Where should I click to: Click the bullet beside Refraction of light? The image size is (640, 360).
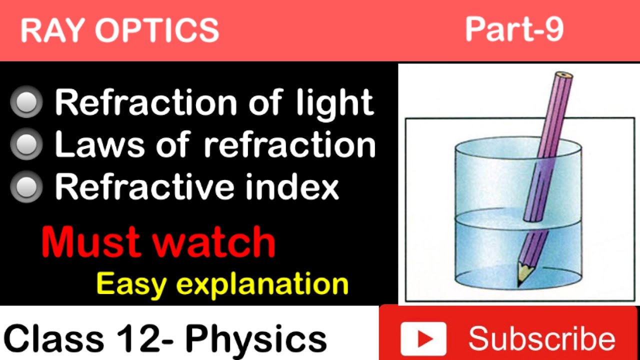26,102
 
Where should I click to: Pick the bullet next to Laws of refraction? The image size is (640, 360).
26,145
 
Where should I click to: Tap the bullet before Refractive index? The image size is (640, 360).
26,187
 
